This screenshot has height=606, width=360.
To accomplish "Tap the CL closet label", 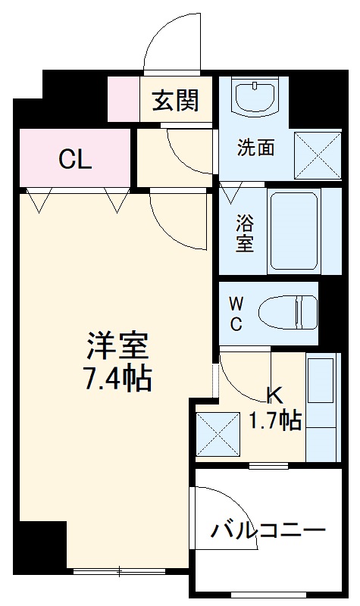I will tap(75, 159).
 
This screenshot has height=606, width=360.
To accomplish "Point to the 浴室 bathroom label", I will tap(244, 233).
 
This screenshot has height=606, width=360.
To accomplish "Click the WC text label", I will tap(236, 314).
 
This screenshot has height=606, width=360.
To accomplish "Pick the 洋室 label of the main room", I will tap(117, 346).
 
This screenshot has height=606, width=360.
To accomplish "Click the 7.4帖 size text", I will tap(117, 376).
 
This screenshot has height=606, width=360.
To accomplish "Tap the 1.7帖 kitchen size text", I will tap(276, 420).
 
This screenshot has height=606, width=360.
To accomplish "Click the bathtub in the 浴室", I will tap(295, 230).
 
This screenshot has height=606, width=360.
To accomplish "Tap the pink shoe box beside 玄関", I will tap(124, 99).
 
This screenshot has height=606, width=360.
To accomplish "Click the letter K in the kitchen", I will tap(273, 395).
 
